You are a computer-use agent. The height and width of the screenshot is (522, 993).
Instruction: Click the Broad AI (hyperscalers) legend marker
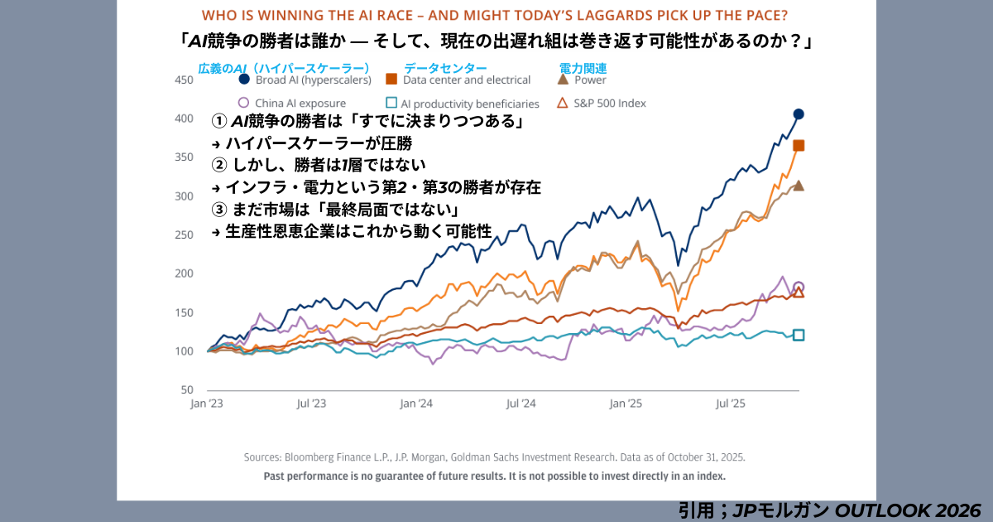[244, 80]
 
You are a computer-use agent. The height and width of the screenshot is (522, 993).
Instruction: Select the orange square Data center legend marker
[391, 80]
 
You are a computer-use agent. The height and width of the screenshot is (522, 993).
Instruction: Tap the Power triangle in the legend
[564, 80]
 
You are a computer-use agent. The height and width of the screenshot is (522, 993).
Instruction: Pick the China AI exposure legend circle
[243, 104]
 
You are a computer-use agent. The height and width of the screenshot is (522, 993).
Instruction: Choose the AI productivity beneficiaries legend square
[391, 104]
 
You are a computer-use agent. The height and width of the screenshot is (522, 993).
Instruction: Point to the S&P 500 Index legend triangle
[564, 104]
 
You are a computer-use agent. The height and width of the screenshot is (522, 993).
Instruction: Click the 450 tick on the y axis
[183, 80]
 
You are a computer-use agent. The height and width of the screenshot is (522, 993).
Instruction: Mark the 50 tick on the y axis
[186, 389]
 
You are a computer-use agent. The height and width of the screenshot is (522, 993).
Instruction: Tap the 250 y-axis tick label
[183, 234]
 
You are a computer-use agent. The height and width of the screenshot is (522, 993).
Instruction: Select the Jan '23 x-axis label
[206, 404]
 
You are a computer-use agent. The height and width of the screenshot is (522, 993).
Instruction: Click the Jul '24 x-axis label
[520, 404]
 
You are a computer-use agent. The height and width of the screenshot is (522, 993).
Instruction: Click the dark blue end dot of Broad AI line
[799, 114]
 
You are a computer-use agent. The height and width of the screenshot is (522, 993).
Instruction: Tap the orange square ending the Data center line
[799, 146]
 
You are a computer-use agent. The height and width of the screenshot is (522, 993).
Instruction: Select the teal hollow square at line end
[799, 335]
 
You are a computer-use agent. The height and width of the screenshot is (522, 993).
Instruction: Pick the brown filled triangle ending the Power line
[799, 185]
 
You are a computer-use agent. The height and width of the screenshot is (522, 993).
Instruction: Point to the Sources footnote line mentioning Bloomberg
[494, 457]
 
